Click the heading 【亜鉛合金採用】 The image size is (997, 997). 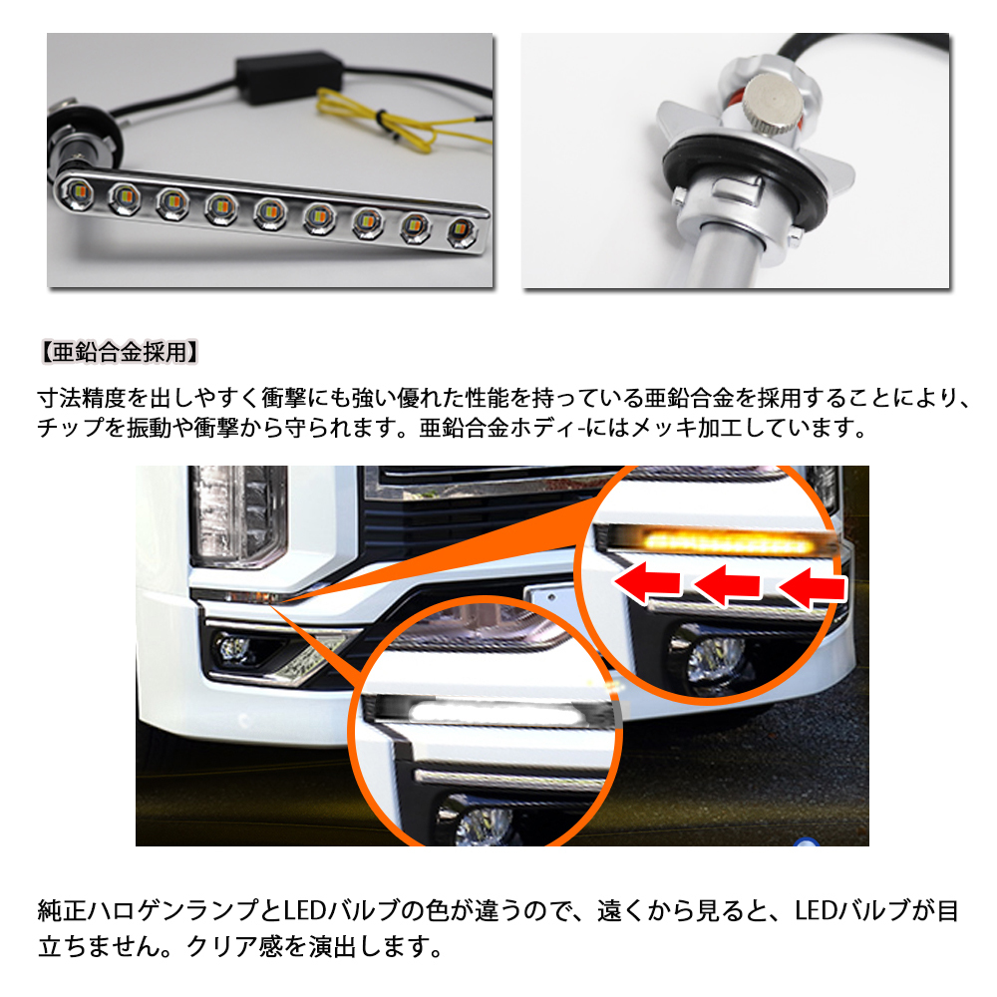click(x=121, y=351)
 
